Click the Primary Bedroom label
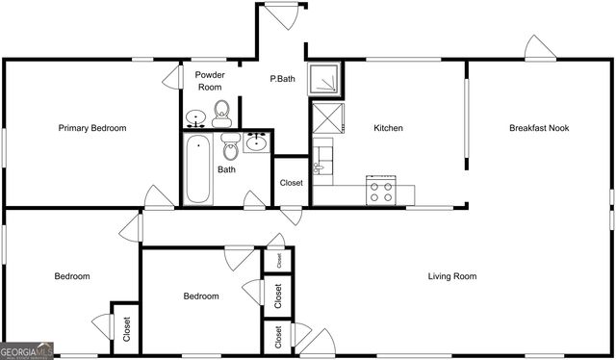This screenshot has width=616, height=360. [x=92, y=128]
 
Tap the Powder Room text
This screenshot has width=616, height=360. [x=210, y=81]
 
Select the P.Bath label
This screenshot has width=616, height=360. [x=282, y=79]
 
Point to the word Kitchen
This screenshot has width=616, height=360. [x=388, y=128]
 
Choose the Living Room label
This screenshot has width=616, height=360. [x=452, y=277]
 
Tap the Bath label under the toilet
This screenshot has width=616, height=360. [x=226, y=170]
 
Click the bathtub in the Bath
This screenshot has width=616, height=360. [x=198, y=168]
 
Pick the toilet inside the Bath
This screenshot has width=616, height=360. [x=230, y=147]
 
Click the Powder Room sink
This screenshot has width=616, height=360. [x=196, y=119]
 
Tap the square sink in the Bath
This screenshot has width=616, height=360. [x=257, y=143]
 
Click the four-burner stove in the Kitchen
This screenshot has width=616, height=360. [x=382, y=191]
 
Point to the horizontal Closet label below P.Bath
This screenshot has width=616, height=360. [x=291, y=183]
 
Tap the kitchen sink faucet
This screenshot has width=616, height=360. [x=323, y=164]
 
